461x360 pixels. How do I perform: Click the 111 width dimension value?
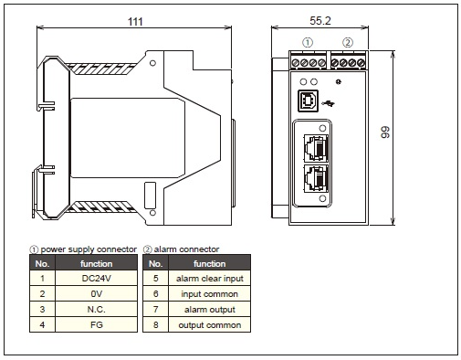[135, 22]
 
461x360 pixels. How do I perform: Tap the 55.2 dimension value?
[320, 21]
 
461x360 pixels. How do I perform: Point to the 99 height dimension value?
[385, 132]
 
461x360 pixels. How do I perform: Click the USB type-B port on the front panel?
[308, 101]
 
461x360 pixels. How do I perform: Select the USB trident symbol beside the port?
[328, 103]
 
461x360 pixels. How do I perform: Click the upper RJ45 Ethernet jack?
[316, 148]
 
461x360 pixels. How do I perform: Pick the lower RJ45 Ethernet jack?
[316, 179]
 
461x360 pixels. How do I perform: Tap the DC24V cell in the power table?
[97, 278]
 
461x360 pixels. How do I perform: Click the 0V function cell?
[97, 293]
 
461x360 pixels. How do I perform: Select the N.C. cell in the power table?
[97, 309]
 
